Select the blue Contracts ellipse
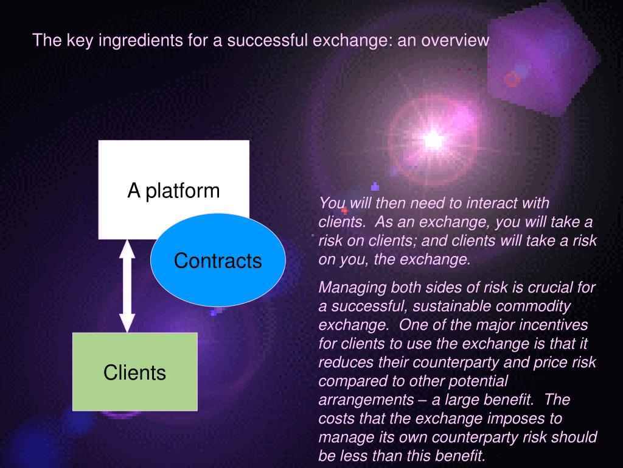point(218,261)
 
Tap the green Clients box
point(135,372)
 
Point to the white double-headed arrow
point(127,286)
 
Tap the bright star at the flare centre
point(433,140)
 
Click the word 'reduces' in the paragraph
point(343,362)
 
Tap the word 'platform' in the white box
point(183,191)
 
